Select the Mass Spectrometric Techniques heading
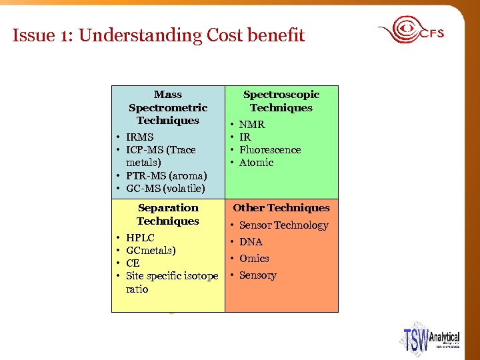coord(168,107)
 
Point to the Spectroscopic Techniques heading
coord(281,101)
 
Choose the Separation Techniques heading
coord(168,214)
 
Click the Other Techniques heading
coord(281,208)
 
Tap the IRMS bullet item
coord(139,137)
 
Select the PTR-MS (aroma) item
coord(166,176)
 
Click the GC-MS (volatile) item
coord(165,189)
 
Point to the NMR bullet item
coord(252,125)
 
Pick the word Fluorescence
coord(270,150)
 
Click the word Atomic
coord(256,163)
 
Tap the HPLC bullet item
coord(140,238)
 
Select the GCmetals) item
coord(151,251)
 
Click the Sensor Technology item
coord(283,225)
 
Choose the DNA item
coord(251,242)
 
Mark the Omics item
coord(254,259)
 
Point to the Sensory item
coord(257,275)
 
